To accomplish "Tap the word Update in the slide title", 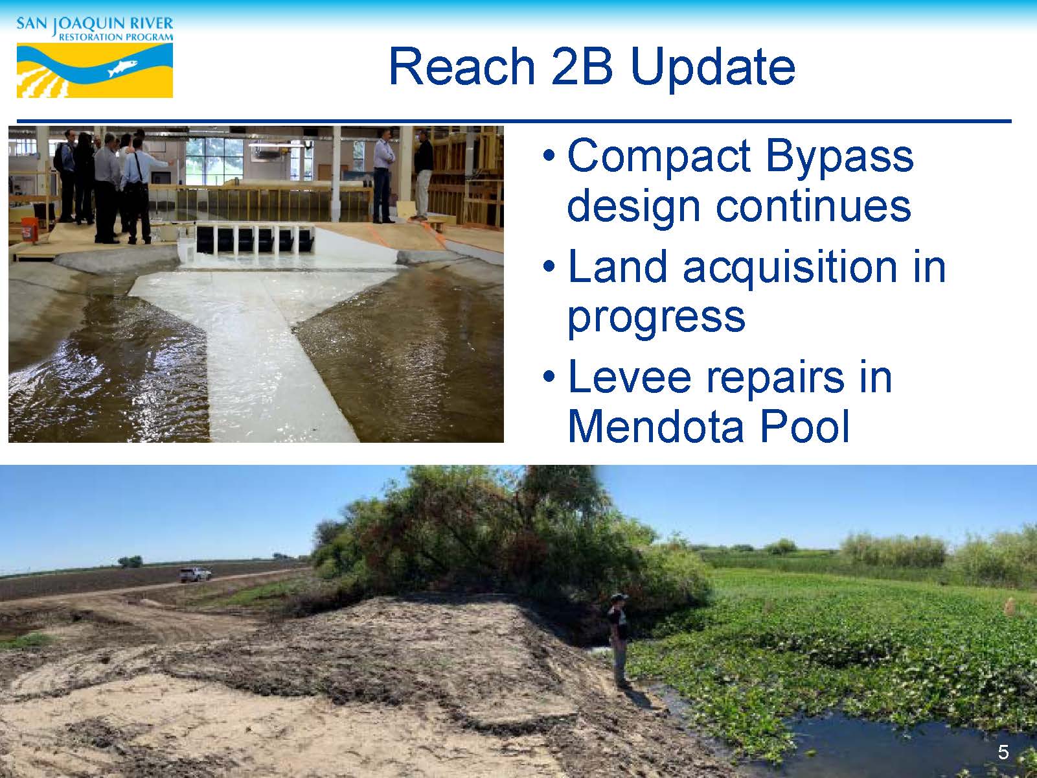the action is (713, 68).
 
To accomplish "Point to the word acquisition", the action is (790, 268).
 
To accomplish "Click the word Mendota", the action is (655, 427).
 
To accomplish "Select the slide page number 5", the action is (1003, 752).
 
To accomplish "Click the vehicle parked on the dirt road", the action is (195, 574).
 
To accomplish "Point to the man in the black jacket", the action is (424, 176).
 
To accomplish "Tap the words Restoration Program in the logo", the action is (115, 37).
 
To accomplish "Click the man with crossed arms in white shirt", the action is (383, 176).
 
